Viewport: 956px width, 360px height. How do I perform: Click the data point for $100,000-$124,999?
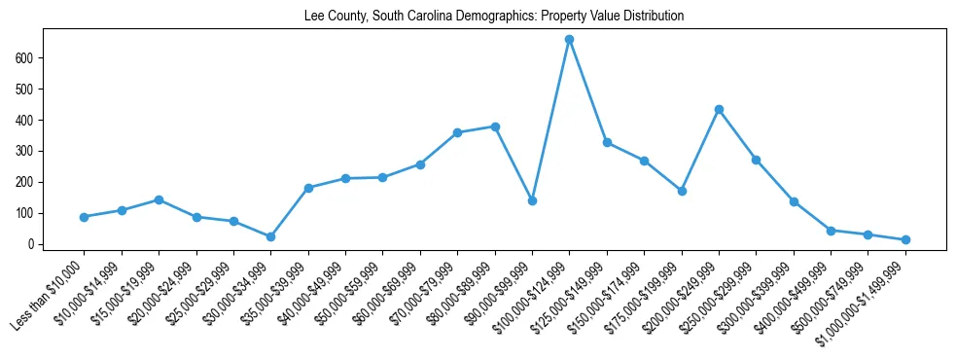click(x=569, y=40)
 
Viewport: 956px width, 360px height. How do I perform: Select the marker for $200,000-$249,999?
click(x=719, y=109)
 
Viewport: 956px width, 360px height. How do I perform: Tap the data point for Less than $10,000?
click(x=85, y=217)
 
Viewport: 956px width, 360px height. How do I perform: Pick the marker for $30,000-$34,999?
click(x=271, y=236)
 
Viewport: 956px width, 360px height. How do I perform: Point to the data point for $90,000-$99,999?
click(x=532, y=200)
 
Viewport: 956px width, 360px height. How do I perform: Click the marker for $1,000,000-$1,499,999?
click(x=905, y=239)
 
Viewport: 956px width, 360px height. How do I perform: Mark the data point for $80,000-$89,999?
click(x=495, y=126)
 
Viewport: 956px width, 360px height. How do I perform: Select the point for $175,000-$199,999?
click(x=682, y=191)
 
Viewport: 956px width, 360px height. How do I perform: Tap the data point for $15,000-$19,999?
click(x=159, y=199)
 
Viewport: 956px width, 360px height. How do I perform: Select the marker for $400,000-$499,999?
click(x=831, y=231)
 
